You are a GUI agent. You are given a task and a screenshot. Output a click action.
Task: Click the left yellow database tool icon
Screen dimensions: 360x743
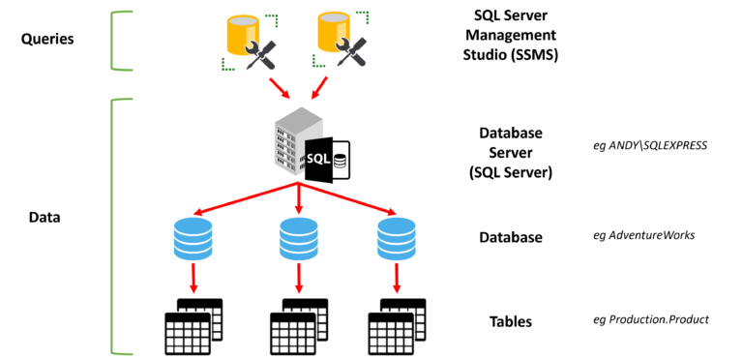pyautogui.click(x=249, y=42)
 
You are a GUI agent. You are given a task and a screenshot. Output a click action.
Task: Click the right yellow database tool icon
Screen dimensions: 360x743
pyautogui.click(x=340, y=39)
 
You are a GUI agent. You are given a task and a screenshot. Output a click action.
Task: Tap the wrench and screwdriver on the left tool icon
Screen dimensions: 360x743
pyautogui.click(x=261, y=55)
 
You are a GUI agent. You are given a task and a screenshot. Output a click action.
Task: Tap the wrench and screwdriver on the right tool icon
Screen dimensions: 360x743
pyautogui.click(x=352, y=51)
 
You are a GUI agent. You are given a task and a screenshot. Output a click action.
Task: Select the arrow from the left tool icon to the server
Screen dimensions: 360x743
pyautogui.click(x=279, y=88)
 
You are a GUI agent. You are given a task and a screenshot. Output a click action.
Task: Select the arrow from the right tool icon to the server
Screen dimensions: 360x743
pyautogui.click(x=319, y=88)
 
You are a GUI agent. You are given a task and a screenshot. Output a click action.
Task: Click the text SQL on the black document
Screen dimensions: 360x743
pyautogui.click(x=317, y=159)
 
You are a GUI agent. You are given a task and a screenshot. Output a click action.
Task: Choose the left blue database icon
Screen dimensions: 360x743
pyautogui.click(x=193, y=239)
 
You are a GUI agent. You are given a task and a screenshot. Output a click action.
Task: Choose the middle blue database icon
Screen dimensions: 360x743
pyautogui.click(x=299, y=239)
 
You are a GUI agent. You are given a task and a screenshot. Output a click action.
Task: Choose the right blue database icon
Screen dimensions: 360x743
pyautogui.click(x=397, y=239)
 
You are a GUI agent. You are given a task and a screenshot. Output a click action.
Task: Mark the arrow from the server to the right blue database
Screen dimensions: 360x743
pyautogui.click(x=348, y=198)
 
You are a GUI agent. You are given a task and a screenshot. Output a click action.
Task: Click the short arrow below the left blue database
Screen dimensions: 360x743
pyautogui.click(x=193, y=279)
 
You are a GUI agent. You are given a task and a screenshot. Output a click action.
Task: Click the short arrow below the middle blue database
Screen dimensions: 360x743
pyautogui.click(x=299, y=279)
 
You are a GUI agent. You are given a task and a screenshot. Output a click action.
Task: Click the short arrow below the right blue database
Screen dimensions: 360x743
pyautogui.click(x=397, y=279)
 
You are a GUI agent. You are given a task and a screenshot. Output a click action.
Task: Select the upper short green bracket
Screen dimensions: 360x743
pyautogui.click(x=114, y=41)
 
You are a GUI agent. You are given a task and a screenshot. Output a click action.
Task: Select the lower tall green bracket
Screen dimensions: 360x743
pyautogui.click(x=113, y=225)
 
